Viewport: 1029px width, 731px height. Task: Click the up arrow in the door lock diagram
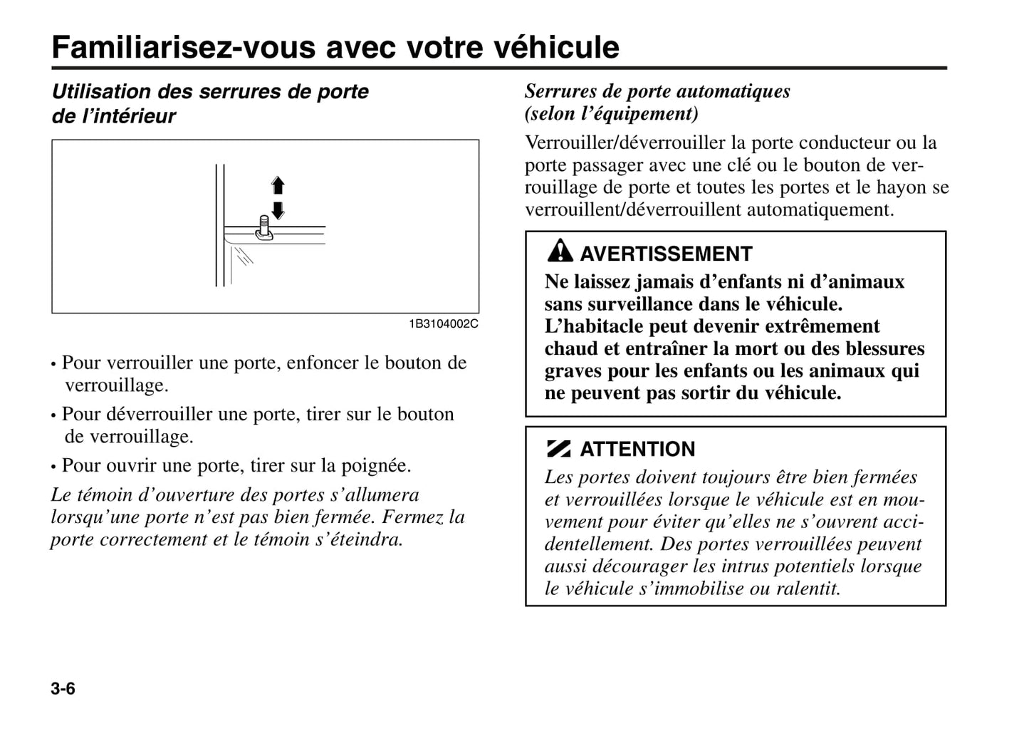[x=278, y=186]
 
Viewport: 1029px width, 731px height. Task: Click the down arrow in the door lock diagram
[x=278, y=210]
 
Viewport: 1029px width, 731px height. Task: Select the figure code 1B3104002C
[x=443, y=324]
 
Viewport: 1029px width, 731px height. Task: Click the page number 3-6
[x=63, y=689]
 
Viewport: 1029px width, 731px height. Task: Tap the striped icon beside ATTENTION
[x=559, y=449]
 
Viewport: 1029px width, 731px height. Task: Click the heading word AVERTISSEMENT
[x=666, y=254]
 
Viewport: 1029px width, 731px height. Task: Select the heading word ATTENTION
[x=637, y=449]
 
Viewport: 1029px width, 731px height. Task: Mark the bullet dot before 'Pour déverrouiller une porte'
[x=53, y=415]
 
